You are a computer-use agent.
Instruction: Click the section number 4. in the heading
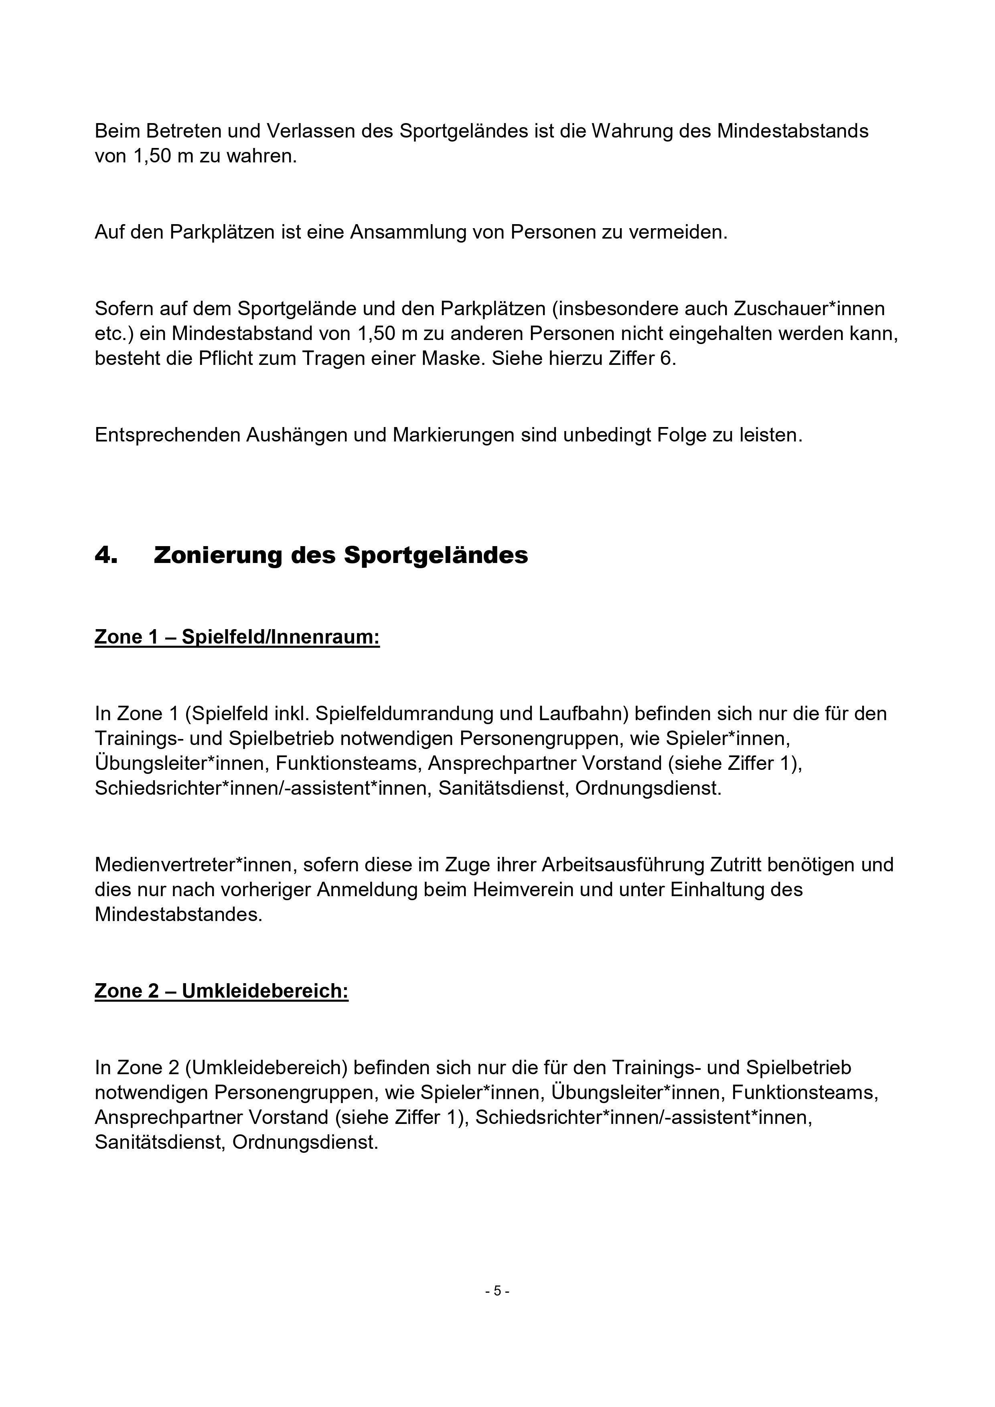coord(105,555)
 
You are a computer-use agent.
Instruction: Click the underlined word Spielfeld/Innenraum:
coord(281,637)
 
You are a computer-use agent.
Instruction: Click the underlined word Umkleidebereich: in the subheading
coord(265,991)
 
